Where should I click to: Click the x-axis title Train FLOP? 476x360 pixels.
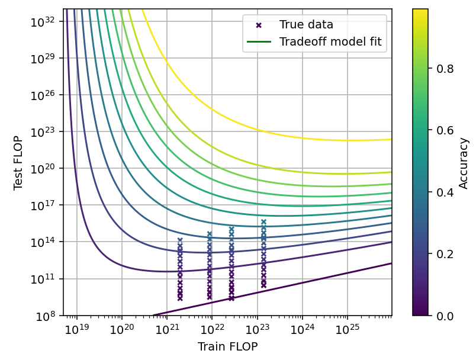[227, 347]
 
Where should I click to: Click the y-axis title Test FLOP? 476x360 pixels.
[18, 162]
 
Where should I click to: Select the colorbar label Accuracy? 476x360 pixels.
[464, 163]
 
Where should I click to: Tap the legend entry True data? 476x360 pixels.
[306, 25]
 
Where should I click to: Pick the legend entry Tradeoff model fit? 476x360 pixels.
[330, 41]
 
